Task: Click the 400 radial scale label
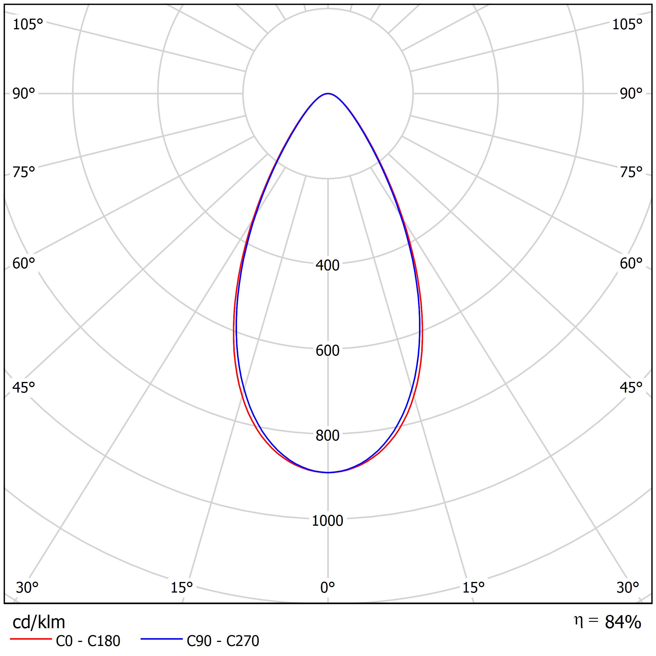point(327,265)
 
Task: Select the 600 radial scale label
point(327,351)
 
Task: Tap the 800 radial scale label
point(327,436)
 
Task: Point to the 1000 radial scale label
point(327,521)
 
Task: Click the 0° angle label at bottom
point(327,587)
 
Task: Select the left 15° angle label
point(182,587)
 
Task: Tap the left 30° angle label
point(27,587)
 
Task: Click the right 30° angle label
point(628,587)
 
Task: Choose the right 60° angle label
point(631,264)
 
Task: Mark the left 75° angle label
point(24,172)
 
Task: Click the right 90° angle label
point(631,94)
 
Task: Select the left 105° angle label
point(28,25)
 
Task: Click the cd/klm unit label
point(39,622)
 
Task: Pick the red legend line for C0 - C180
point(30,639)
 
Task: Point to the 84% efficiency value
point(623,622)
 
